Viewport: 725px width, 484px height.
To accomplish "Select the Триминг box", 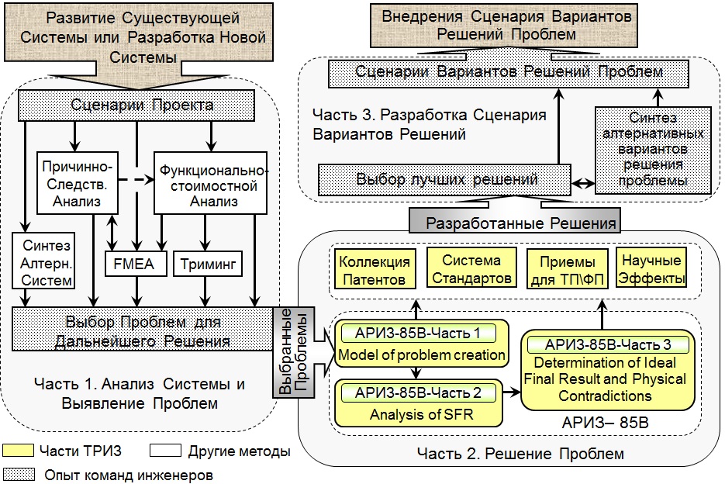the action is coord(208,264).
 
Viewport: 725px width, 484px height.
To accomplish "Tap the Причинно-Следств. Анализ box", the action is coord(78,183).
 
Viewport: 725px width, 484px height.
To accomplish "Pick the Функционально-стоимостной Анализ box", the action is coord(210,183).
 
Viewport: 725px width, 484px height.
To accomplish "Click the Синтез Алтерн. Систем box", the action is coord(43,261).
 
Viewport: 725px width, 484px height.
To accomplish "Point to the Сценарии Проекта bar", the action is coord(136,105).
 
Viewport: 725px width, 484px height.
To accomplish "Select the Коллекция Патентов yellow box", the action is coord(375,270).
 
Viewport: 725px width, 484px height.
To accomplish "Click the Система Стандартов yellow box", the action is coord(471,268).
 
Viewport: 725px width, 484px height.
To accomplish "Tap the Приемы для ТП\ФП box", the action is coord(568,270).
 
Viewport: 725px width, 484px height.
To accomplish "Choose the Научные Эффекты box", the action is coord(651,268).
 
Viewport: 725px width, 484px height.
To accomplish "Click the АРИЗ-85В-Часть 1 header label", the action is coord(418,334).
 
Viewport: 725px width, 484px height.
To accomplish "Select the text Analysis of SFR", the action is coord(421,414).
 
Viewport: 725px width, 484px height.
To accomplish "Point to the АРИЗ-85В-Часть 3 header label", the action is coord(608,344).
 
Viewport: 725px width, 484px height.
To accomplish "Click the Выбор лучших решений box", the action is coord(444,179).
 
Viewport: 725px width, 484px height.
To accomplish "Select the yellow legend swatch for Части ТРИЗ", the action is coord(18,451).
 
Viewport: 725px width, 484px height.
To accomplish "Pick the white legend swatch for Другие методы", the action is coord(165,451).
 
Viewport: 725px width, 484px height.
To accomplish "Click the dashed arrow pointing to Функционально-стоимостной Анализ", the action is coord(136,179).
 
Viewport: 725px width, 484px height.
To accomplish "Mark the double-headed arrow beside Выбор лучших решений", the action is coord(583,184).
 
